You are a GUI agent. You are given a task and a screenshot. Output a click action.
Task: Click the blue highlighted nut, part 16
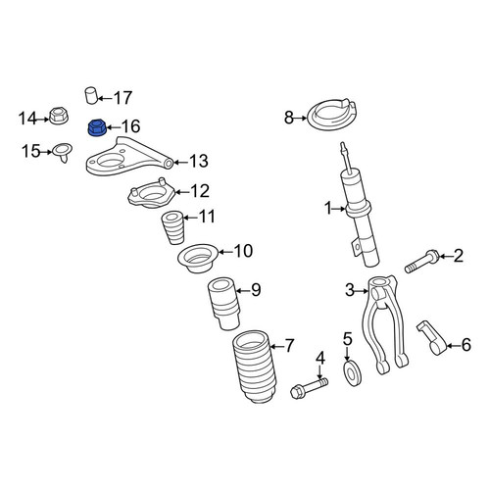(97, 127)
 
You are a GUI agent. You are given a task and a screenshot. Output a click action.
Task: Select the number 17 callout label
(122, 98)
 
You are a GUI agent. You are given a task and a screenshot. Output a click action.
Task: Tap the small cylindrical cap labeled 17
(91, 95)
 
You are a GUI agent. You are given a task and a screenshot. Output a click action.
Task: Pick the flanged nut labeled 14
(59, 116)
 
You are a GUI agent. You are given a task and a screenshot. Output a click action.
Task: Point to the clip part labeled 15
(63, 152)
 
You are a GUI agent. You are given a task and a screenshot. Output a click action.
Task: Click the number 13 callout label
(199, 162)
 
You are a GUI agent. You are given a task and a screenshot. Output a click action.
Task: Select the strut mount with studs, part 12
(151, 193)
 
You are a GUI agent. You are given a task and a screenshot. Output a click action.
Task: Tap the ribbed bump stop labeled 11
(173, 228)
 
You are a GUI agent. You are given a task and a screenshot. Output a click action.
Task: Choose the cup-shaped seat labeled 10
(197, 258)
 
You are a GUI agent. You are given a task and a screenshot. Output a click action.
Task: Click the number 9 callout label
(256, 289)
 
